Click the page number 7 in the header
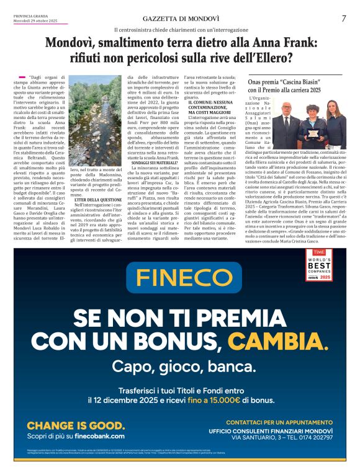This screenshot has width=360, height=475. click(x=343, y=18)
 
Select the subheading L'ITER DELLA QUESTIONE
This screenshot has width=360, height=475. click(x=98, y=200)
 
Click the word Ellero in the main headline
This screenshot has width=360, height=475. click(x=272, y=58)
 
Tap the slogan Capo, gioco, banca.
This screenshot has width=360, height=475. click(x=179, y=367)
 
